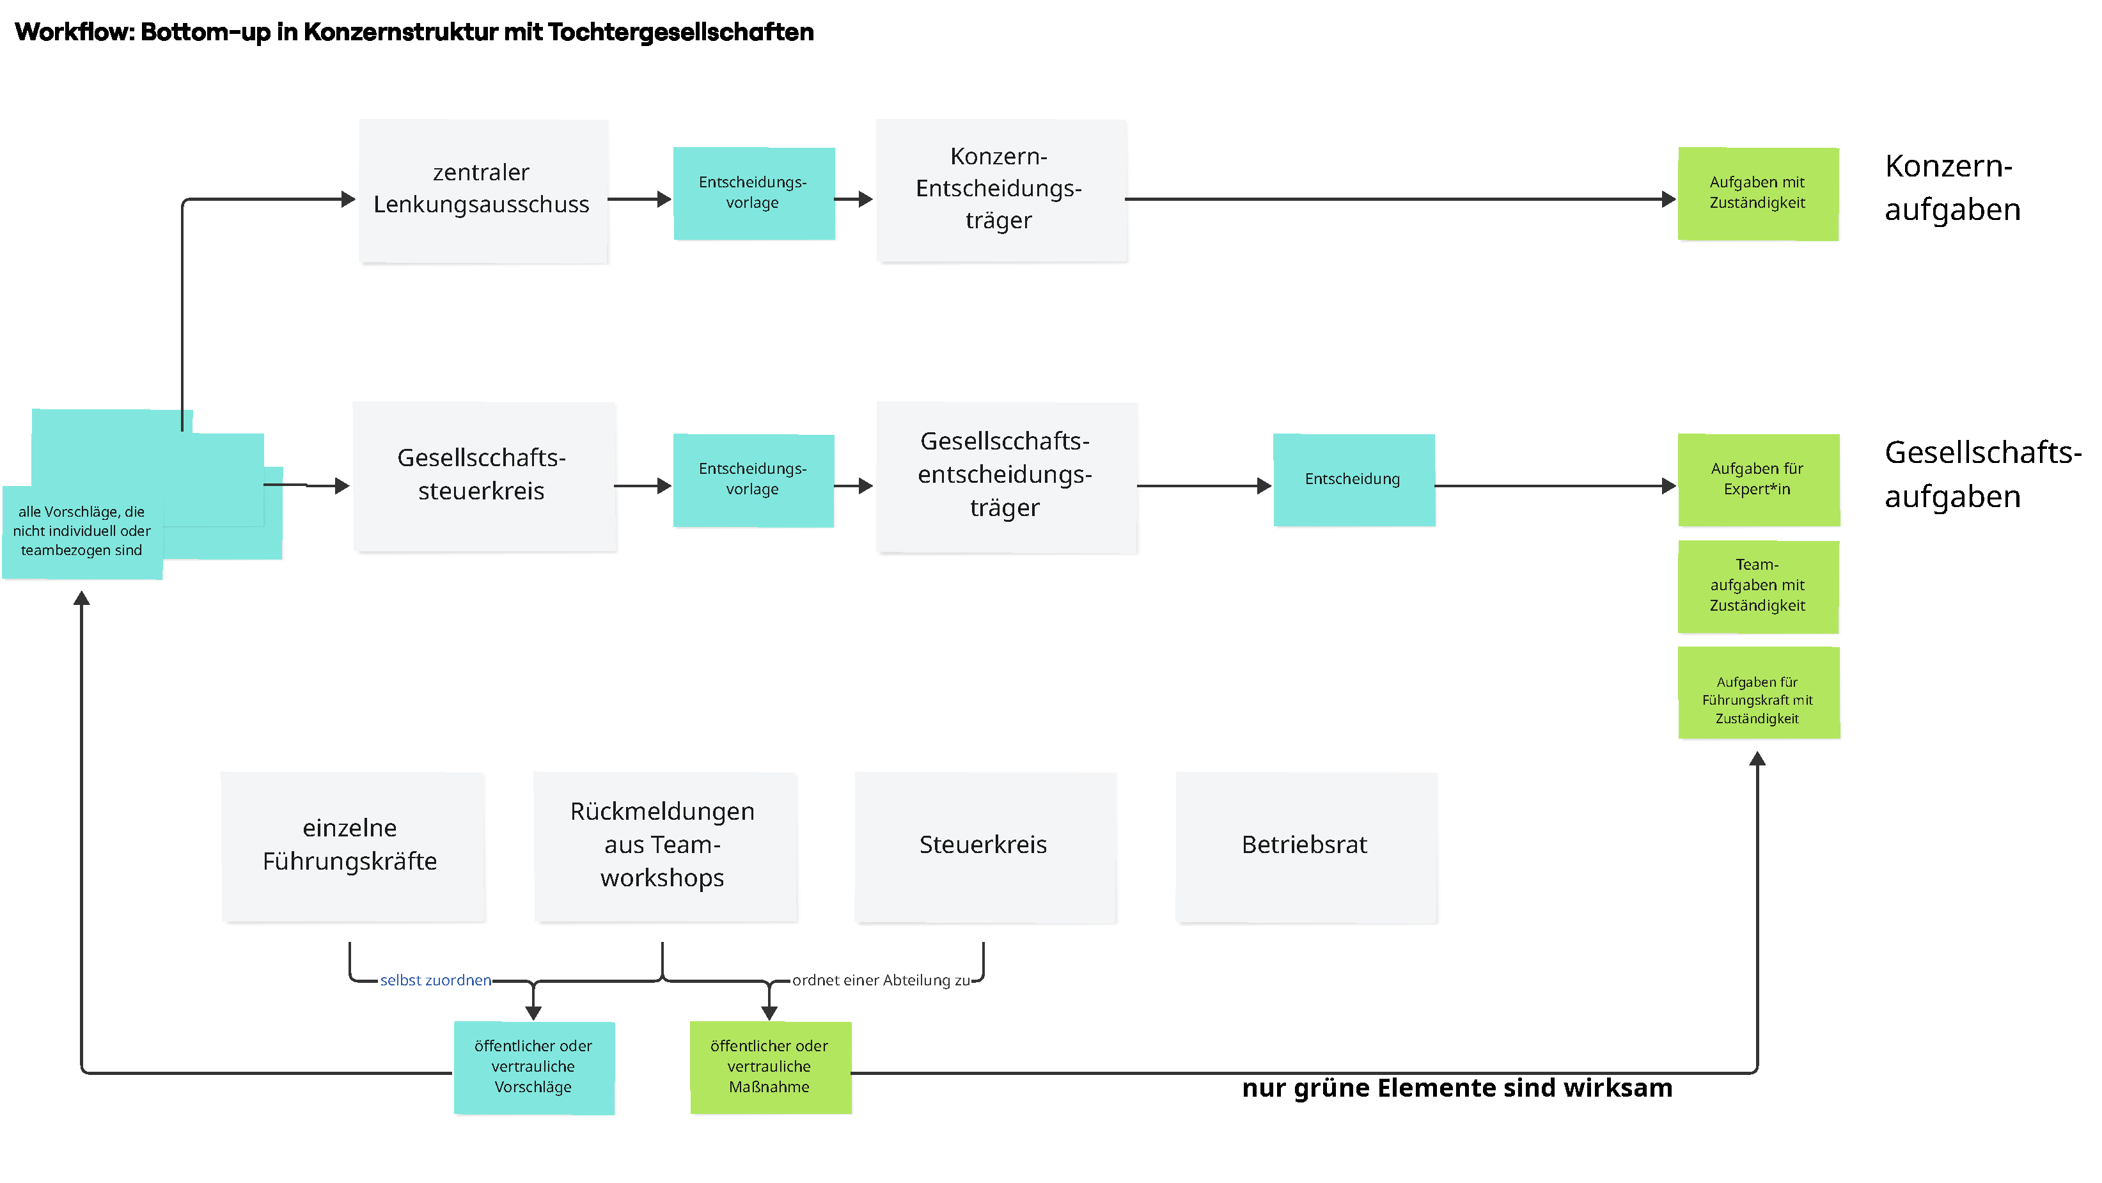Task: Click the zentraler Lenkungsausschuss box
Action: (483, 190)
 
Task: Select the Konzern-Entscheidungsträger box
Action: (1001, 189)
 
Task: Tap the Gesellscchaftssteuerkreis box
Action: (484, 476)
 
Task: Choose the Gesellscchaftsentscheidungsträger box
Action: (1006, 476)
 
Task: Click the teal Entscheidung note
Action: (1354, 480)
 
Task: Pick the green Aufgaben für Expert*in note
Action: (1759, 480)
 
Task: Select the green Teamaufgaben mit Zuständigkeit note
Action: (1759, 586)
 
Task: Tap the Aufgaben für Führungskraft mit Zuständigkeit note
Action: (1759, 693)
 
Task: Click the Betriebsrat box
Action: (1306, 846)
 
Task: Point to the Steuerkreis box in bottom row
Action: (985, 846)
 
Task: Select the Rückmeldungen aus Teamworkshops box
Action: (664, 846)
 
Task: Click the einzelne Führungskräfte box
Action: (352, 846)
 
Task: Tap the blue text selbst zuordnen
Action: (435, 981)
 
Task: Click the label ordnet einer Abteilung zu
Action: (881, 981)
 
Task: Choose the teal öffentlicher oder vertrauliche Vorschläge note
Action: (534, 1067)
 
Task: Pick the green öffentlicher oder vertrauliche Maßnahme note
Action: (771, 1067)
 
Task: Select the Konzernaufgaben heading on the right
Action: (1952, 187)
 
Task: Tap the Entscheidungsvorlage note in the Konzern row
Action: (753, 193)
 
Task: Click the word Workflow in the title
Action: (74, 33)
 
